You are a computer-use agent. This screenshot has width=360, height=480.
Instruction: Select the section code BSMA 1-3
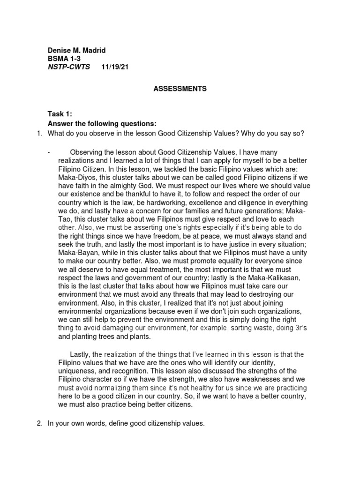coord(64,59)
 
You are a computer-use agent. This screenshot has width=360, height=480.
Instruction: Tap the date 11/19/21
coord(115,67)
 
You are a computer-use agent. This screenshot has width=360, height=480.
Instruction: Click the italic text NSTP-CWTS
coord(69,67)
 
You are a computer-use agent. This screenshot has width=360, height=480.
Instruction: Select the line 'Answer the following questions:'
coord(102,123)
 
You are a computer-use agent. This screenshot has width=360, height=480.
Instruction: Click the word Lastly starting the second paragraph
coord(81,354)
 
